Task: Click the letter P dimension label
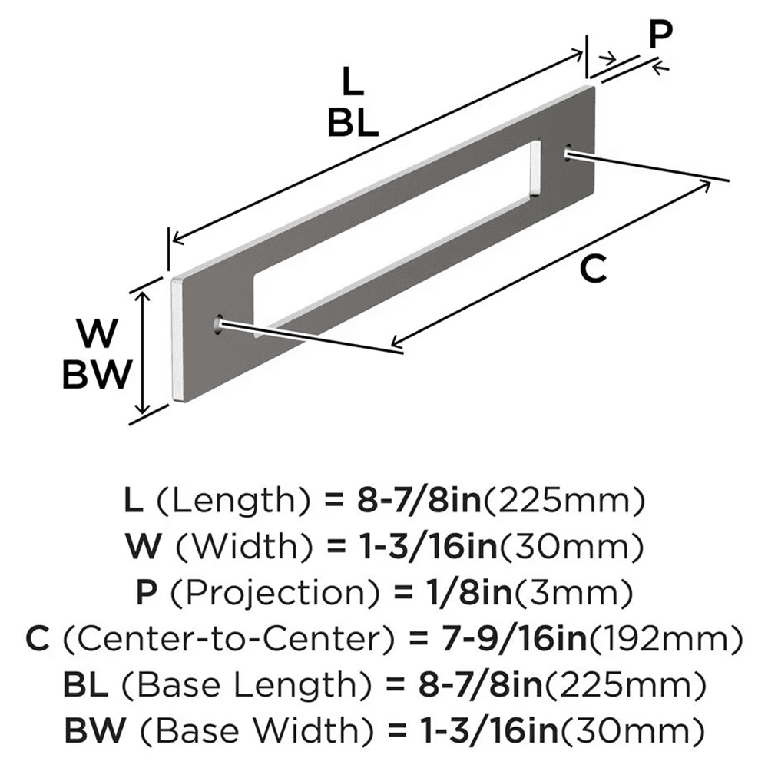pyautogui.click(x=659, y=35)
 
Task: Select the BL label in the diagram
pyautogui.click(x=353, y=122)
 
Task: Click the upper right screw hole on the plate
pyautogui.click(x=568, y=152)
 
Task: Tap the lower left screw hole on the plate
pyautogui.click(x=219, y=323)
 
